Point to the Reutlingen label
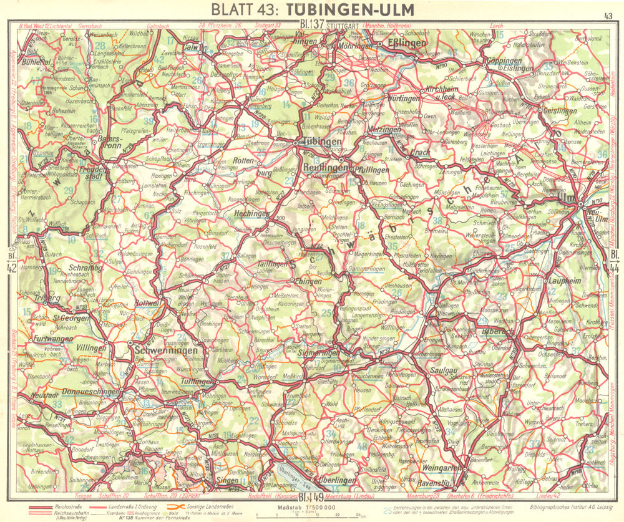[326, 168]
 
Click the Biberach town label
[498, 332]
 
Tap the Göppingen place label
[504, 61]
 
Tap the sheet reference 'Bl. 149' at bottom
[310, 497]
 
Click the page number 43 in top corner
[608, 16]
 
